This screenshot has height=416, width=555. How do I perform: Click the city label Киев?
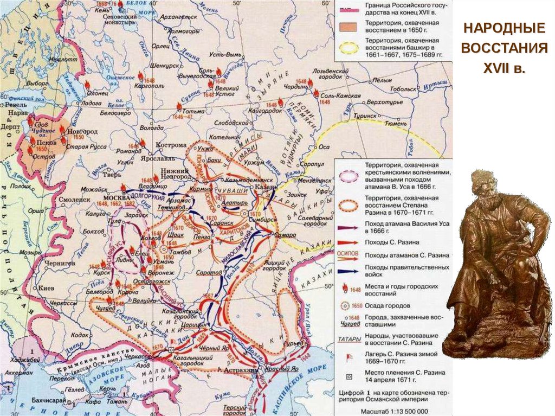pos(46,288)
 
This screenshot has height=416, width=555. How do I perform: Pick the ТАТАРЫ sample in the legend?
pos(349,340)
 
